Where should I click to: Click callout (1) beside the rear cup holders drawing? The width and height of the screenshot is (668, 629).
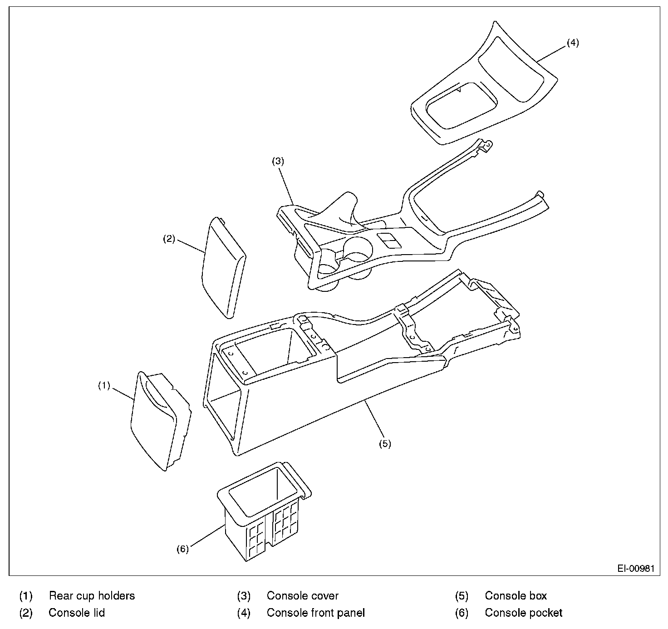104,386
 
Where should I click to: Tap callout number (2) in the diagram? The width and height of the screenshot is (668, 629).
169,239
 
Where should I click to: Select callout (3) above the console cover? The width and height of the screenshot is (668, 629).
278,161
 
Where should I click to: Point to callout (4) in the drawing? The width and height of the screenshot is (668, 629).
573,43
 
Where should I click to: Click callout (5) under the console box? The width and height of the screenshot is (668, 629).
385,444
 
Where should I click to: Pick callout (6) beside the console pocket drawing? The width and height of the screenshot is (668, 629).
182,549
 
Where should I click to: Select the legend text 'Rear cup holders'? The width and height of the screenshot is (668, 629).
92,595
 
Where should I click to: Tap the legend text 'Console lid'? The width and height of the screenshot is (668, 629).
77,613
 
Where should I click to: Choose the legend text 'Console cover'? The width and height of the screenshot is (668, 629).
303,595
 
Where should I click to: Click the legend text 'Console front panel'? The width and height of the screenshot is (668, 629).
316,613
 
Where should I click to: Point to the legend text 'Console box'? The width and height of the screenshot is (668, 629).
516,595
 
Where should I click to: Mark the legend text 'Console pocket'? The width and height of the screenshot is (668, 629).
524,613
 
